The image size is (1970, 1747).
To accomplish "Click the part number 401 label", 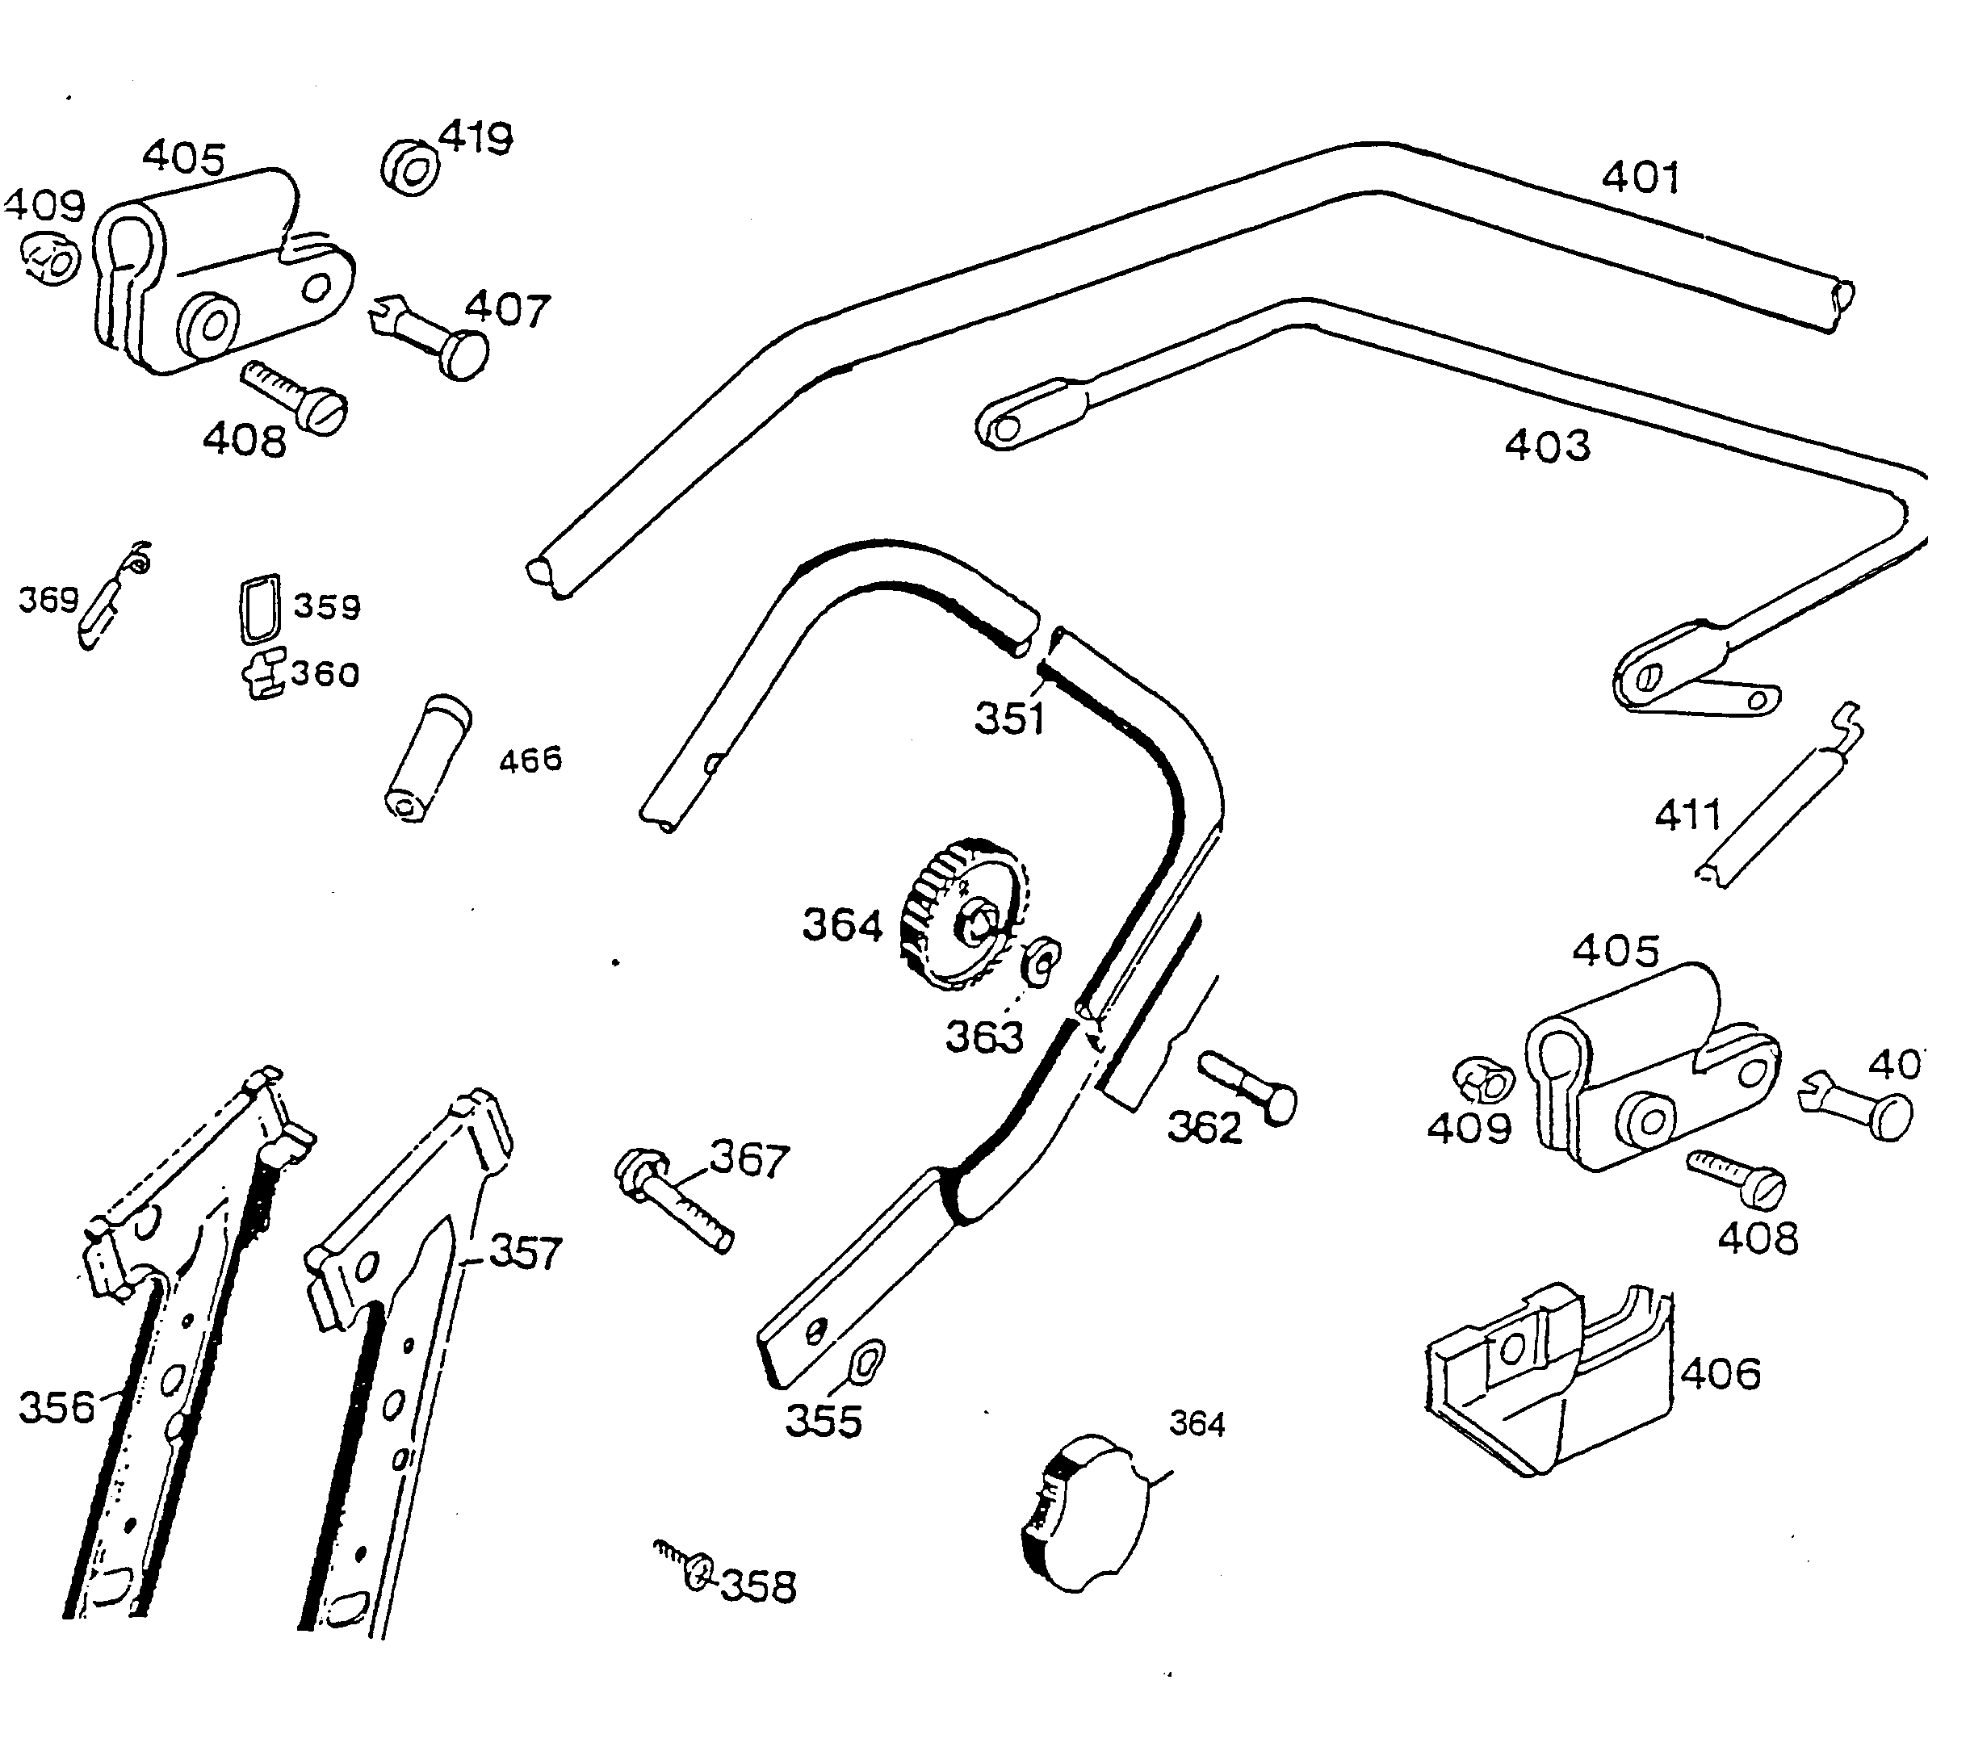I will tap(1640, 178).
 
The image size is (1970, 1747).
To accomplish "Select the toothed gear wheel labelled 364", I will tap(964, 915).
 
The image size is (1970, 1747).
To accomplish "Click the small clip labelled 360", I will tap(263, 672).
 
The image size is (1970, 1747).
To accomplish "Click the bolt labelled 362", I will tap(1249, 1087).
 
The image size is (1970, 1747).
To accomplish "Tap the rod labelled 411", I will tap(1776, 805).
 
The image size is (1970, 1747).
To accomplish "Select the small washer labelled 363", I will tap(1042, 959).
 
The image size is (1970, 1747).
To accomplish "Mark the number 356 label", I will tap(57, 1407).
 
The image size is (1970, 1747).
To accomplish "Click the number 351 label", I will tap(1009, 718).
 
